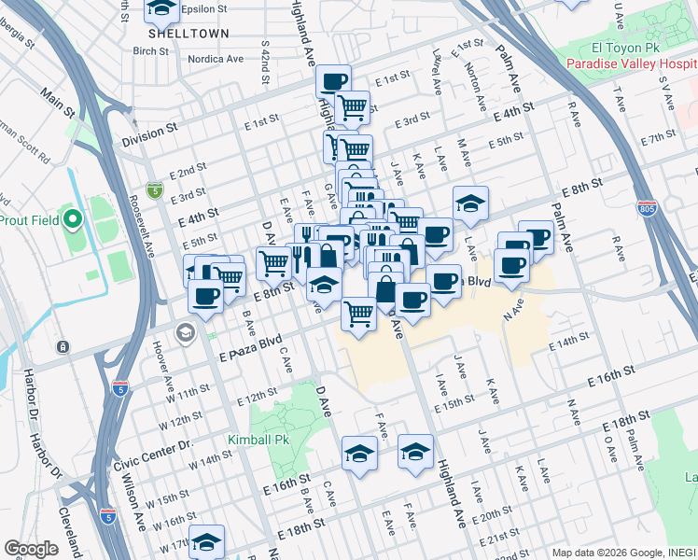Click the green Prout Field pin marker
pos(74,221)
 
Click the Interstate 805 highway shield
pos(646,207)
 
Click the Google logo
pos(31,549)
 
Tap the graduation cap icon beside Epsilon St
pos(161,8)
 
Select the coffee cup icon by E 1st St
pos(333,81)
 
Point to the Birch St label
pos(151,51)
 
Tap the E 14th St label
pos(570,344)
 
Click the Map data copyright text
pos(619,552)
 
